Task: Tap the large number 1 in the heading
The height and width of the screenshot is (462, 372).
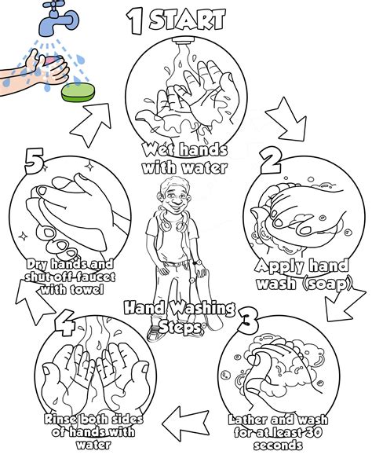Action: tap(136, 21)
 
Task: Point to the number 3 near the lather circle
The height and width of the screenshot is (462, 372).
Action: tap(248, 320)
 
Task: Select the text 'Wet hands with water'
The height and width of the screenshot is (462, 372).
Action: tap(185, 159)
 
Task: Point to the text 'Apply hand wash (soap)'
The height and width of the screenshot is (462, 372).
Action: tap(303, 274)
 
